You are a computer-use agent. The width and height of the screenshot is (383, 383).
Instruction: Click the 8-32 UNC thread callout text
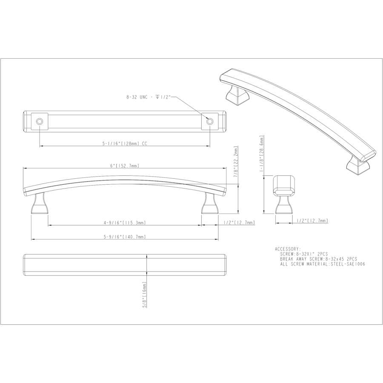(x=149, y=97)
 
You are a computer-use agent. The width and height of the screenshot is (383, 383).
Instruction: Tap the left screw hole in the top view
(x=39, y=121)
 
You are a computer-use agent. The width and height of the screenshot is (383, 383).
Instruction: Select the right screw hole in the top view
(x=209, y=121)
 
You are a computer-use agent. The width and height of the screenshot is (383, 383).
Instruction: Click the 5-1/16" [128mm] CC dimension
(x=125, y=144)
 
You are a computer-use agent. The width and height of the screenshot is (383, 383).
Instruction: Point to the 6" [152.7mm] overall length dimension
(x=125, y=166)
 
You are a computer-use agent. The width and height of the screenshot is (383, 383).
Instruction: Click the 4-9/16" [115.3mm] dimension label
(x=125, y=223)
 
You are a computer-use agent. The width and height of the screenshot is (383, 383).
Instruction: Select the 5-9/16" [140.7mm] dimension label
(x=125, y=237)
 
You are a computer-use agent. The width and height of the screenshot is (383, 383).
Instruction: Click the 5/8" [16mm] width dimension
(x=144, y=294)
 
